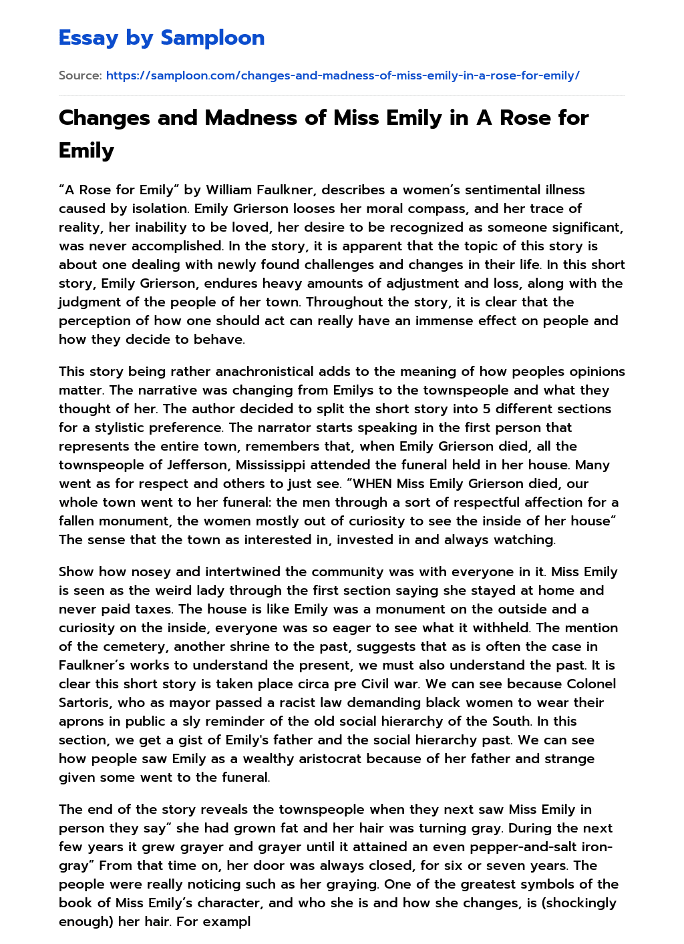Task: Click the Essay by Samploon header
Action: click(162, 38)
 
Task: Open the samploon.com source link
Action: click(342, 75)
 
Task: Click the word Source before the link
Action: click(79, 75)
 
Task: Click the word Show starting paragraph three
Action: click(76, 571)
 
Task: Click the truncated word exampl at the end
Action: click(228, 921)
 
